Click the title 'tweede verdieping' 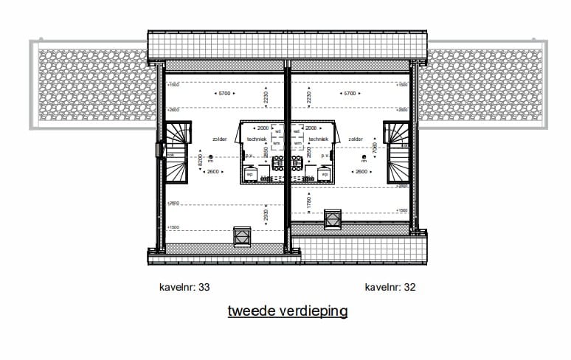click(287, 311)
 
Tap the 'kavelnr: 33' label click(180, 287)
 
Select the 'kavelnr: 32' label click(390, 287)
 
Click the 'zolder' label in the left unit click(219, 139)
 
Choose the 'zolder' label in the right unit click(356, 139)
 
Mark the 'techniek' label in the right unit click(318, 139)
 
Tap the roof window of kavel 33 click(242, 237)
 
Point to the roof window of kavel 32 click(333, 219)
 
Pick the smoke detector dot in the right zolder click(364, 157)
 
